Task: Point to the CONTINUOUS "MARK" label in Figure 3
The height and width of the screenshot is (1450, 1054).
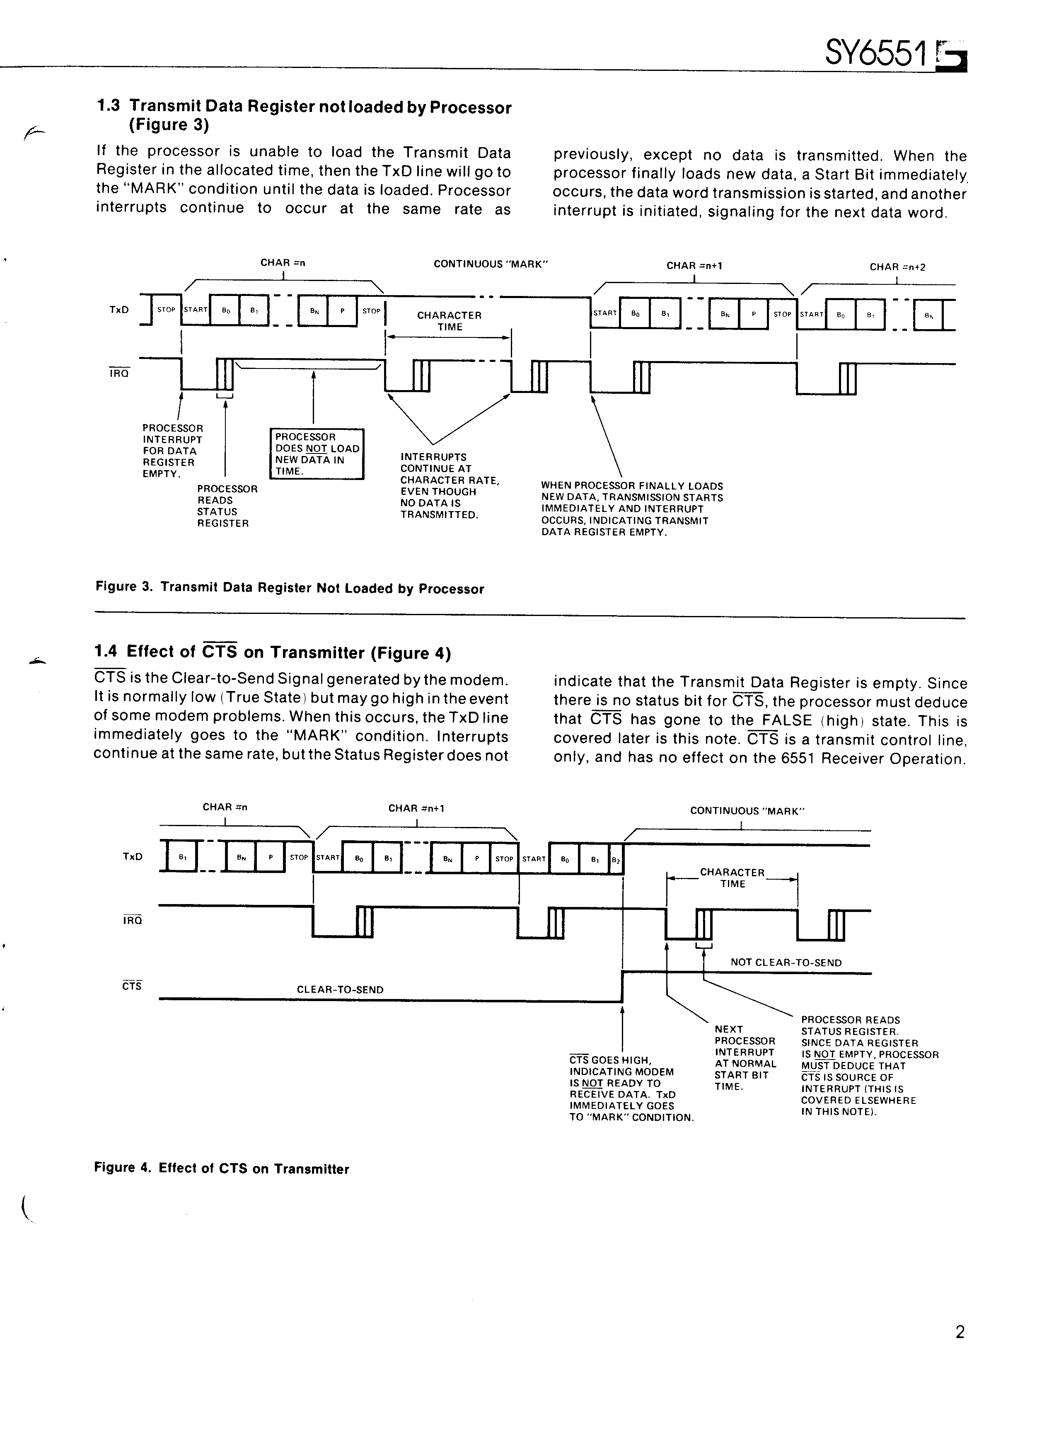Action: click(x=491, y=264)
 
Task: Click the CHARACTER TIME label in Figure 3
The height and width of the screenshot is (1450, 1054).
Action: click(x=450, y=321)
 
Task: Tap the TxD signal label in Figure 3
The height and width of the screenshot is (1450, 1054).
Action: click(x=119, y=309)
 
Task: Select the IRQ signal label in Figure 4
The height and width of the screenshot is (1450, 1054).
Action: click(x=132, y=920)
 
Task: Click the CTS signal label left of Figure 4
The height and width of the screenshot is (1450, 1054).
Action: click(x=132, y=986)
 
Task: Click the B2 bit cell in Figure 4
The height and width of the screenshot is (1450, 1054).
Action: click(x=616, y=860)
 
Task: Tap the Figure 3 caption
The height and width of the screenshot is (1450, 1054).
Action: click(x=290, y=588)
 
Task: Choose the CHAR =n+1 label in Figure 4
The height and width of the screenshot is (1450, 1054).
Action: click(x=416, y=808)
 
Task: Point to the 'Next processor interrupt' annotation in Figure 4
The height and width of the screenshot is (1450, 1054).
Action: click(x=745, y=1058)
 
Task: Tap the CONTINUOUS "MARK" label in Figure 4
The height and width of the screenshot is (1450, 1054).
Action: click(x=747, y=811)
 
